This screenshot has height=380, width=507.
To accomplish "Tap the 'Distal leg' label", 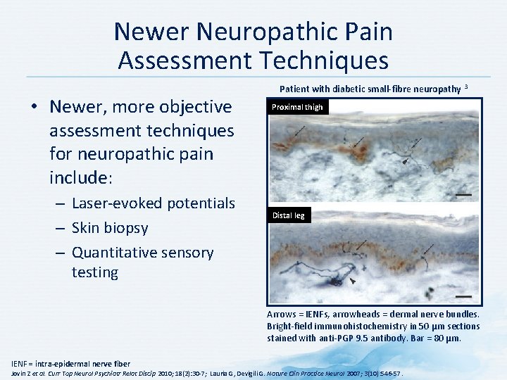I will tap(289, 215).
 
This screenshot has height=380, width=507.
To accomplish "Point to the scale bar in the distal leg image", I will tap(463, 296).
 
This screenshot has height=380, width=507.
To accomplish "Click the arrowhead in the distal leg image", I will tap(353, 281).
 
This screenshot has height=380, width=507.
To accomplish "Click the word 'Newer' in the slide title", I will tap(151, 32).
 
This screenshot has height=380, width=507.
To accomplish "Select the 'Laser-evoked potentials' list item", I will tap(153, 203).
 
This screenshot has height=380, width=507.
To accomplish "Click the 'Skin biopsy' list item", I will tap(110, 228).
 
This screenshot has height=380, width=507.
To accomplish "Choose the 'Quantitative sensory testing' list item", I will tap(142, 261).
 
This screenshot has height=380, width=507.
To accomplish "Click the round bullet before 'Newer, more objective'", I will tap(34, 108).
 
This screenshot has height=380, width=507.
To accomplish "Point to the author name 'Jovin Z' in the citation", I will tap(21, 372).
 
